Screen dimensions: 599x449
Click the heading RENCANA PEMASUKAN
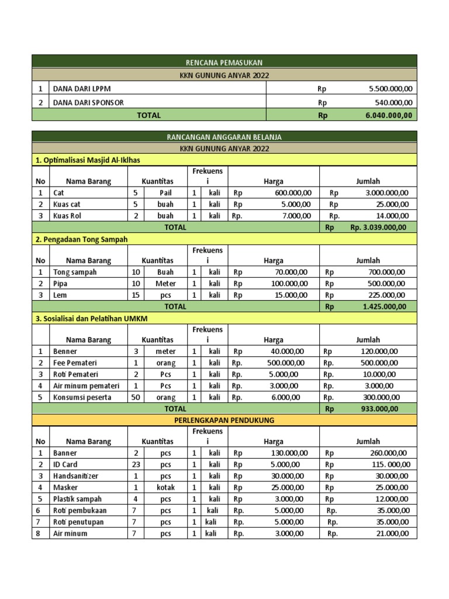(224, 61)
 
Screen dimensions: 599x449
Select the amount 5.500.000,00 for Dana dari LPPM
(391, 89)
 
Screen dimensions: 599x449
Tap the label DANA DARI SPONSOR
(88, 102)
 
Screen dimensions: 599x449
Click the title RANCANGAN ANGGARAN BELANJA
(224, 137)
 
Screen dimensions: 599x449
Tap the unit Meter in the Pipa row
(165, 284)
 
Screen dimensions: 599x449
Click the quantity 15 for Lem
(136, 295)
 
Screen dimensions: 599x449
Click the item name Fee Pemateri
(75, 363)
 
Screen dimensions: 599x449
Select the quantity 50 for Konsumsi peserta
(136, 397)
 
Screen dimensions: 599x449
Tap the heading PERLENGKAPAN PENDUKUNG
(224, 420)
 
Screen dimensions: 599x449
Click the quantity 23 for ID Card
(136, 464)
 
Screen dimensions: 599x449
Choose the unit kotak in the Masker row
(165, 487)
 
